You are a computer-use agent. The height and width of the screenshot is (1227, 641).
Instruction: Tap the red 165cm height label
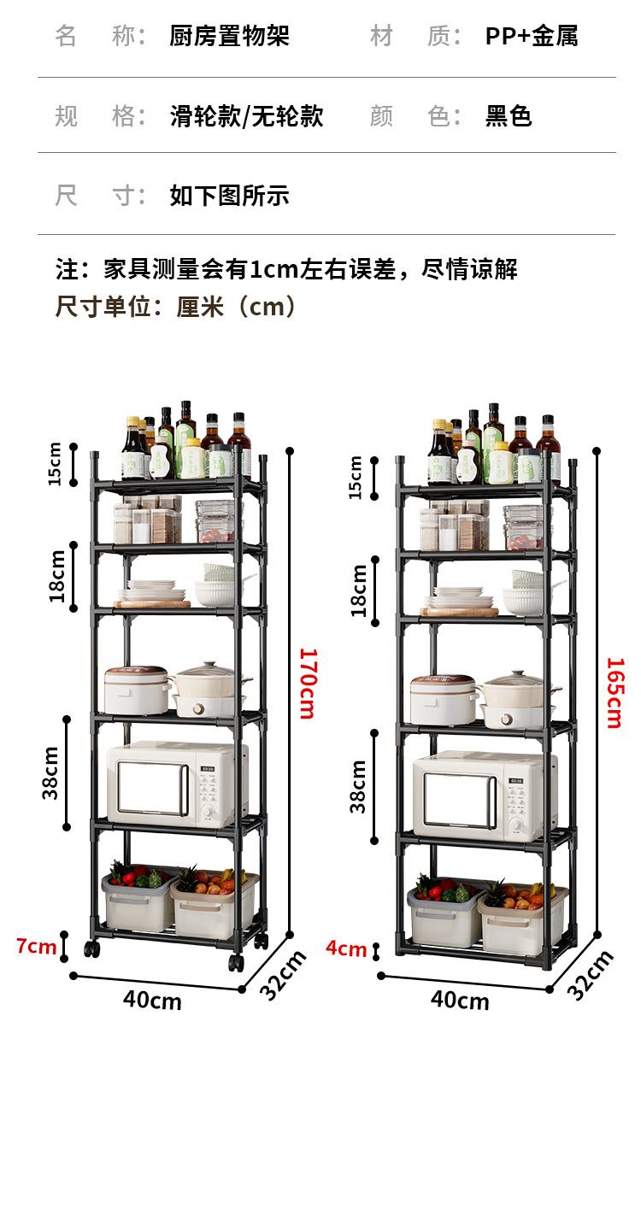pos(614,692)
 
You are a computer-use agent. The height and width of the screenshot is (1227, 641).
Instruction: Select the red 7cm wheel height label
pos(36,946)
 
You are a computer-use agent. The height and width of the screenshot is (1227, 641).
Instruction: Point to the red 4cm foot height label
pos(346,948)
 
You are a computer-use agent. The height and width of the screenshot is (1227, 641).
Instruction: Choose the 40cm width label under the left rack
pos(152,999)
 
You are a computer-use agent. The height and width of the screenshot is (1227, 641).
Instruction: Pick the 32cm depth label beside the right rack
pos(591,974)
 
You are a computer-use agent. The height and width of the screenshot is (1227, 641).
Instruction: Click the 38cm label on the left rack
pos(51,772)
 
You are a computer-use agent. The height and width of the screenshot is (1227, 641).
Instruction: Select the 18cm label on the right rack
pos(359,590)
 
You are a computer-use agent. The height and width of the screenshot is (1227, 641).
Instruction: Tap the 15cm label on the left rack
pos(55,465)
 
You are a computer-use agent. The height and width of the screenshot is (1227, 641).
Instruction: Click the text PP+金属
pos(532,36)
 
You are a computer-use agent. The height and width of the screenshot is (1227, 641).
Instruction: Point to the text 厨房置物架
pos(229,36)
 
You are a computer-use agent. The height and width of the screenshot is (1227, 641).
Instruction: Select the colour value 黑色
pos(509,116)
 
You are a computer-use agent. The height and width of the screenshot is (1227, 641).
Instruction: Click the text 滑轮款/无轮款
pos(246,116)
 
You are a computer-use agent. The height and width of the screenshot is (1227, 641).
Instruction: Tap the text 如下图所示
pos(229,196)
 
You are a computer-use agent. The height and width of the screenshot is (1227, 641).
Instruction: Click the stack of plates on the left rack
pos(151,591)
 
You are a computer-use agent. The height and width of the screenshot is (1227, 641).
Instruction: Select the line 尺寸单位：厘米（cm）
pos(177,306)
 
